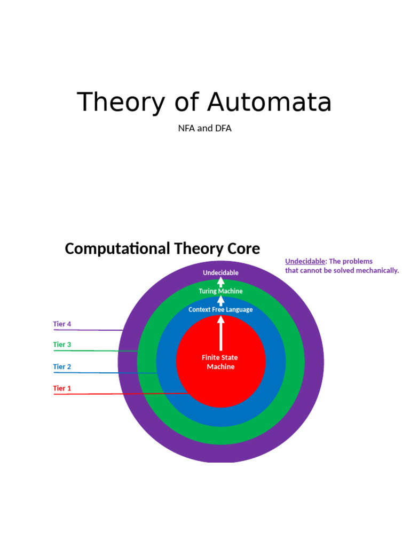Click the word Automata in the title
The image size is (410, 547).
(x=269, y=102)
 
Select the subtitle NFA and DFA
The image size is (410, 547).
(x=204, y=128)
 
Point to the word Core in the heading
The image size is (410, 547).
(x=243, y=248)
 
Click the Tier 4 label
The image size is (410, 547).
(x=62, y=324)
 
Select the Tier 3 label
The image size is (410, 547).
(x=62, y=345)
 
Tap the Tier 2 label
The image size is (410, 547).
(x=62, y=366)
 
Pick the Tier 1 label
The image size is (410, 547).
(x=62, y=388)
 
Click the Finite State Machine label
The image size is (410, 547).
(x=220, y=362)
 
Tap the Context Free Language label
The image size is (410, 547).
(x=220, y=309)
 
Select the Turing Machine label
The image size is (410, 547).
(x=220, y=291)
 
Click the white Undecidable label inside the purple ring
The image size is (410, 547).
(x=220, y=273)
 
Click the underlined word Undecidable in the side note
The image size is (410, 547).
(x=305, y=261)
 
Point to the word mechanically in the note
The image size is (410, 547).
(x=378, y=271)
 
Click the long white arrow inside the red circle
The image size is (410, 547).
(x=220, y=333)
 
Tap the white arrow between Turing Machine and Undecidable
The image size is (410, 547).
(x=220, y=282)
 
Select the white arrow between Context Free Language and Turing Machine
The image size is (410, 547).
(x=220, y=301)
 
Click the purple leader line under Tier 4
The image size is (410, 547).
(x=88, y=330)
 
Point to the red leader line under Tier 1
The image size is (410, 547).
(x=121, y=394)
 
